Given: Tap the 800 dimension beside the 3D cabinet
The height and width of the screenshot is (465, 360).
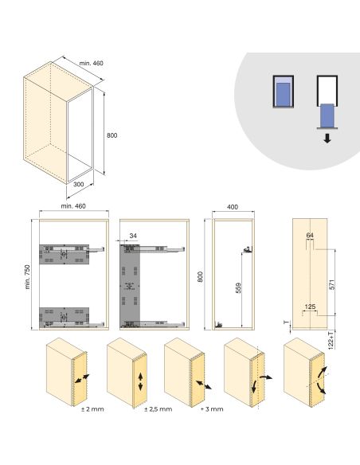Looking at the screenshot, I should [x=112, y=135].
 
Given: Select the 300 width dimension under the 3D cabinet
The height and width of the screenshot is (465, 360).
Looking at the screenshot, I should [x=78, y=185].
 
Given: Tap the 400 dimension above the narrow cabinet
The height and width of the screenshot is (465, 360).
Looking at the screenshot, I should [x=233, y=207].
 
